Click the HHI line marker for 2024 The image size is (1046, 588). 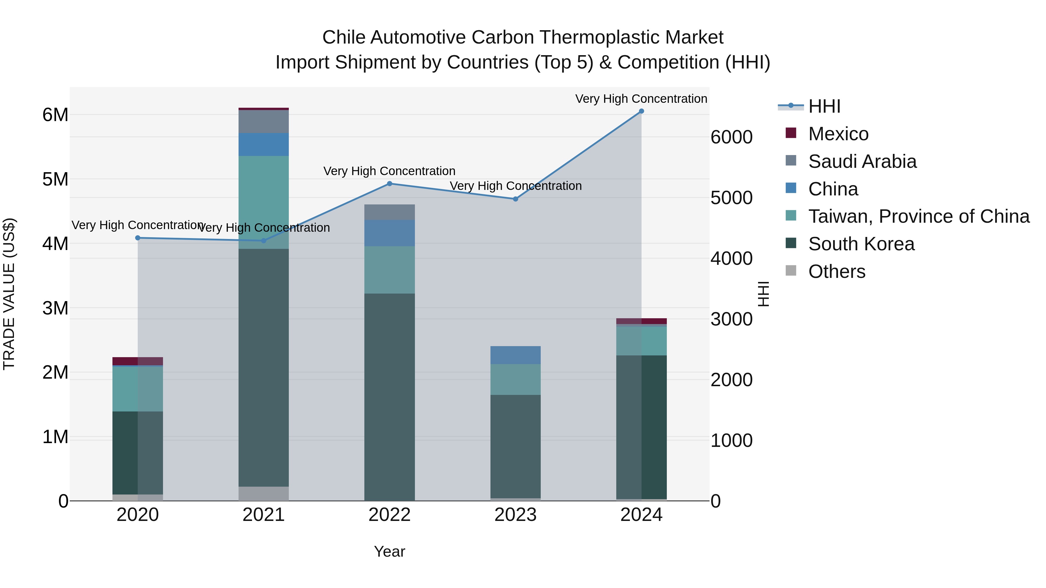coord(641,111)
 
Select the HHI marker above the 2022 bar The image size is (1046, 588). coord(389,184)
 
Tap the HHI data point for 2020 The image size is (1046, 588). coord(138,238)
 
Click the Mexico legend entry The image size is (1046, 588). coord(838,134)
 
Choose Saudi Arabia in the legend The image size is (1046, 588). coord(862,161)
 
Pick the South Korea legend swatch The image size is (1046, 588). coord(791,244)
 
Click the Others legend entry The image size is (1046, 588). coord(837,271)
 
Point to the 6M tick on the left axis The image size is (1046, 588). coord(55,115)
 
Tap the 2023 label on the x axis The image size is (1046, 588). coord(515,515)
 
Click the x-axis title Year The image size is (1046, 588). coord(389,551)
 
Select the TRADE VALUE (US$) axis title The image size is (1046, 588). coord(9,294)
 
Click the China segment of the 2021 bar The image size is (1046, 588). coord(264,145)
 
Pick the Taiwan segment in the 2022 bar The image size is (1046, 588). coord(389,270)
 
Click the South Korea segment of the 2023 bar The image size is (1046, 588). coord(515,446)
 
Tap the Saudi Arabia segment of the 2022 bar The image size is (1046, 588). coord(389,212)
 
